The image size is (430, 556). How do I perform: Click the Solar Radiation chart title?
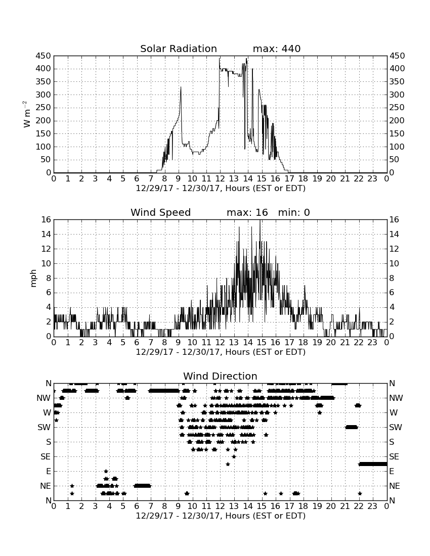coord(179,49)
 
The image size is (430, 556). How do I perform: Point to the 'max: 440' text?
coord(277,49)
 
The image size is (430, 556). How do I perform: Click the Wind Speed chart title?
coord(161,212)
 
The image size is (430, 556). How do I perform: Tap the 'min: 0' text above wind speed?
coord(294,212)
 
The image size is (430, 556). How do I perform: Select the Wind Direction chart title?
coord(220,376)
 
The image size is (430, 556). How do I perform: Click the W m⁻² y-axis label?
coord(27,114)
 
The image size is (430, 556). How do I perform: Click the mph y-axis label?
coord(33,279)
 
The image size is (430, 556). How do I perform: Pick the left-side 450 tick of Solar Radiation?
coord(44,56)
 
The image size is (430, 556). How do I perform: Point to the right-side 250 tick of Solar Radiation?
coord(397,108)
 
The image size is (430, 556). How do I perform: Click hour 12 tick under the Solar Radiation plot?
coord(220,179)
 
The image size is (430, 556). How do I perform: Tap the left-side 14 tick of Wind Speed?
coord(47,235)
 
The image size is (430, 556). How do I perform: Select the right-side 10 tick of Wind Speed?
coord(394,264)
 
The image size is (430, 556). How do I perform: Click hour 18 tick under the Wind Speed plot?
coord(303,343)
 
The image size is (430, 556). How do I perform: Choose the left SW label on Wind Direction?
coord(45,428)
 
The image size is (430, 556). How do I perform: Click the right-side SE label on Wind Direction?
coord(395,457)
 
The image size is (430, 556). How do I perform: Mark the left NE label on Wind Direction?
coord(46,486)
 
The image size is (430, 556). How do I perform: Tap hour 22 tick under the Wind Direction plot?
coord(358,506)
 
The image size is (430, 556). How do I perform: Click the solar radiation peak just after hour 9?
coord(181,87)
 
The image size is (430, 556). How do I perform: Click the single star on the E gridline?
coord(106,471)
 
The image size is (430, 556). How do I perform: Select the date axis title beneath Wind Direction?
coord(221,516)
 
